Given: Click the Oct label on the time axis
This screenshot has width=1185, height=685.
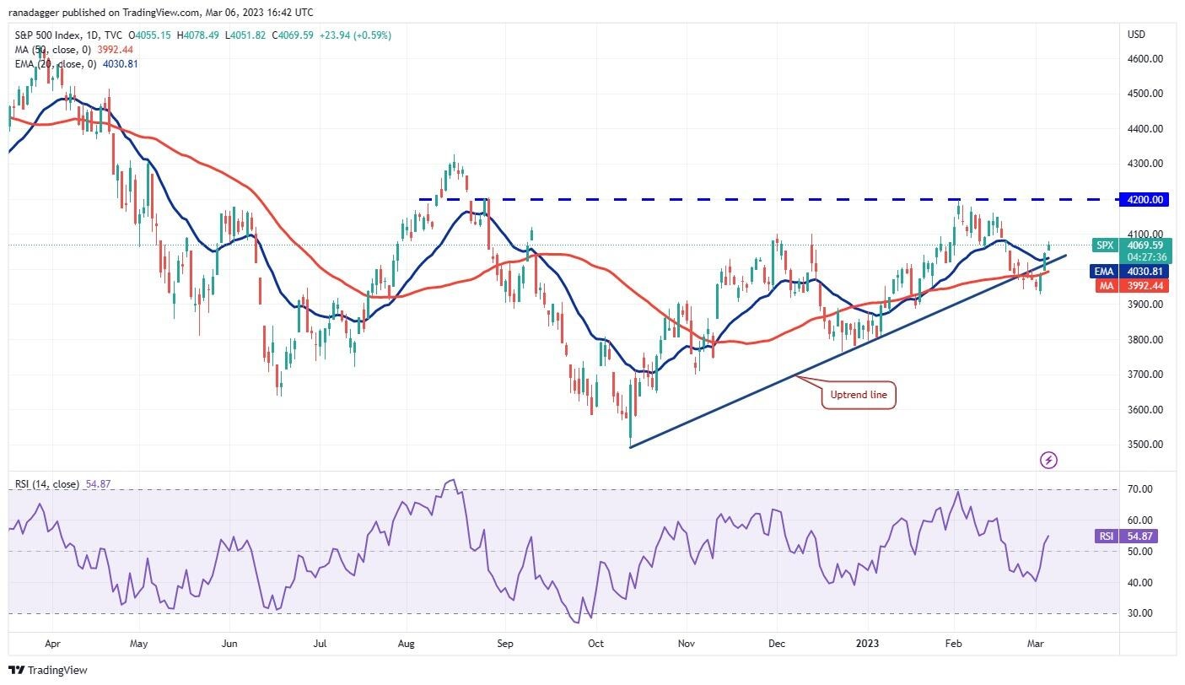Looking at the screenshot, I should (x=596, y=644).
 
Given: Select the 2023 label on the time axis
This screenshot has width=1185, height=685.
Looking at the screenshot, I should (x=868, y=644).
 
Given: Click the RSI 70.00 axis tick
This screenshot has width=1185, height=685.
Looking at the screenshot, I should (x=1141, y=489).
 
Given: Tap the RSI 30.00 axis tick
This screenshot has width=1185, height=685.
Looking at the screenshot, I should (x=1141, y=613).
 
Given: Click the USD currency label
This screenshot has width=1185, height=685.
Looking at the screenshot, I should (x=1136, y=35).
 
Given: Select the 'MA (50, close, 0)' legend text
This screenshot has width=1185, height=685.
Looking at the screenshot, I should (x=50, y=49).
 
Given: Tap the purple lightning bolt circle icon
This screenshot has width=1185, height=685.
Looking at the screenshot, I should (x=1049, y=461).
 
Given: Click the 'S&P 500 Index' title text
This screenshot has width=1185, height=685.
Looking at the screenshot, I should (x=48, y=35).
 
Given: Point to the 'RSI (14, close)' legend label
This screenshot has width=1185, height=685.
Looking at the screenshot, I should (x=47, y=484).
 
